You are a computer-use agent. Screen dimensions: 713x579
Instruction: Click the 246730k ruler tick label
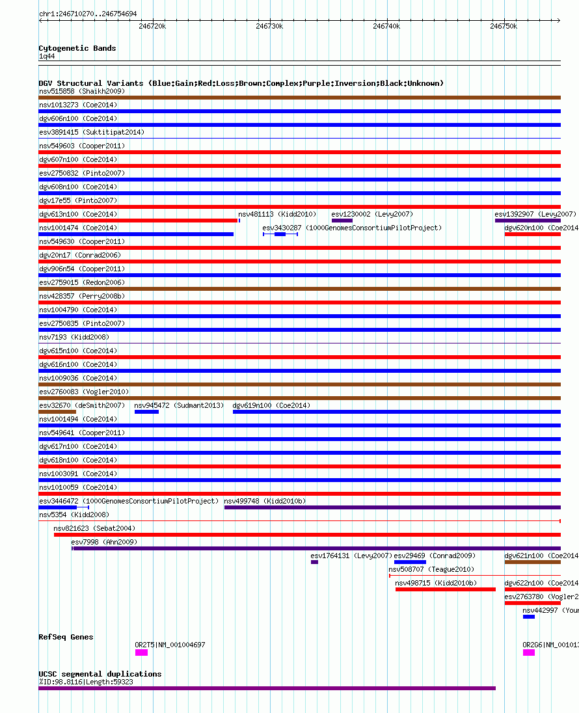(x=269, y=26)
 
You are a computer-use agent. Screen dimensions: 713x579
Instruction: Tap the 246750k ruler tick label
(x=504, y=26)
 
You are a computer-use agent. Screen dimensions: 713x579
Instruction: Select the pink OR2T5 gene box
(x=141, y=652)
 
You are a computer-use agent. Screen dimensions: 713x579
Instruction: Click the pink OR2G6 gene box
(x=529, y=652)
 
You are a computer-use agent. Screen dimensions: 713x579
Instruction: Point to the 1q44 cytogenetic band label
(x=46, y=56)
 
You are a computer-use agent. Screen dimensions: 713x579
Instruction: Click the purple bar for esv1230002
(x=342, y=221)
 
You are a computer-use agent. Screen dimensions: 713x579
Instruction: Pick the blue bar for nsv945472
(x=146, y=412)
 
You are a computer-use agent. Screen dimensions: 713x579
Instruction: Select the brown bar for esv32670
(x=57, y=412)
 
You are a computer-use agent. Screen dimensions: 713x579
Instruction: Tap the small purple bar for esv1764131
(x=314, y=562)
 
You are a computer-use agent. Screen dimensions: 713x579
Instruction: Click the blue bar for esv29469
(x=410, y=562)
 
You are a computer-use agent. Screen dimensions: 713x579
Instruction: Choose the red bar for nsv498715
(x=445, y=589)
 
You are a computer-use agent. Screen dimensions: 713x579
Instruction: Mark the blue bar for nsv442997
(x=529, y=617)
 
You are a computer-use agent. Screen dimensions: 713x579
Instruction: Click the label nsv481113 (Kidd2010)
(x=277, y=214)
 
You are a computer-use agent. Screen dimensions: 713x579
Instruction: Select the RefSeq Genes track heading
(x=66, y=637)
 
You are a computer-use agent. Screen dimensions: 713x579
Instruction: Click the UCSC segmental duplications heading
(x=100, y=674)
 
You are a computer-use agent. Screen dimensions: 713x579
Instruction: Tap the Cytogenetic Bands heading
(x=77, y=48)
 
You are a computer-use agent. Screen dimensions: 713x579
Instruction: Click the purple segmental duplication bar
(x=267, y=688)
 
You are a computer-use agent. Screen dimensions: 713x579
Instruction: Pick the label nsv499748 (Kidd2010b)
(x=265, y=501)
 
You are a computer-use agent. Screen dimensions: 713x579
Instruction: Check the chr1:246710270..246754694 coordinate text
(x=88, y=14)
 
